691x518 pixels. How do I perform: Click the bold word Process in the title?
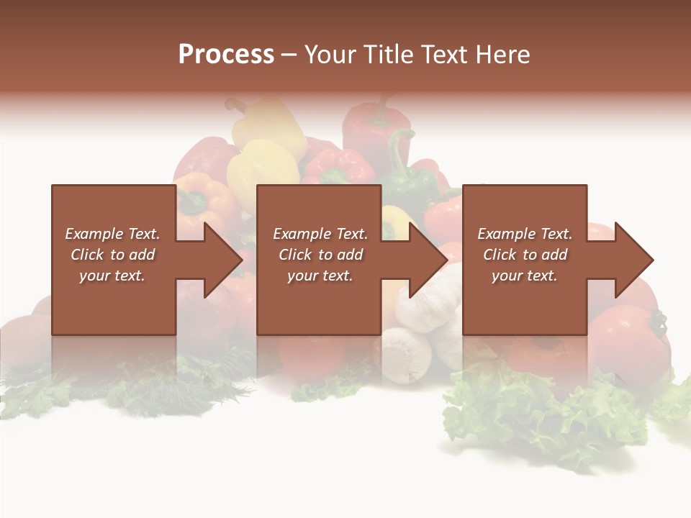226,55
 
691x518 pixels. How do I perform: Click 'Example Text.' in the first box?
112,234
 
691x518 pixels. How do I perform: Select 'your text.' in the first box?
112,276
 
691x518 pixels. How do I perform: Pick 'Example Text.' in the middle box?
320,234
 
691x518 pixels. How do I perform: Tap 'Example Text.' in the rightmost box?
525,234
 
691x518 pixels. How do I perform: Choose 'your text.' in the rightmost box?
525,276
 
